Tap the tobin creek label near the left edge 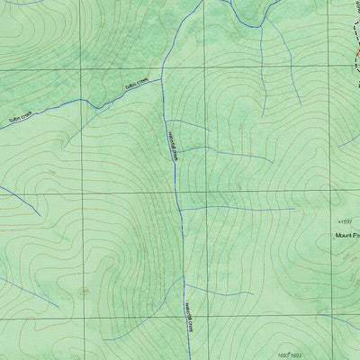point(20,117)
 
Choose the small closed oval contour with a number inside point(84,291)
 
